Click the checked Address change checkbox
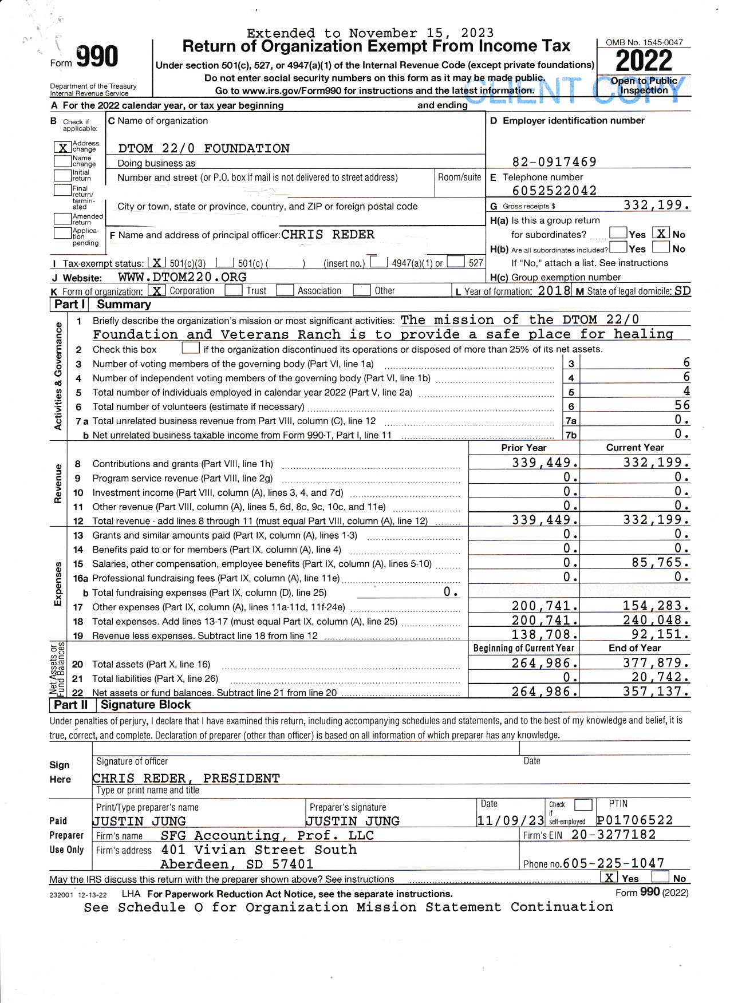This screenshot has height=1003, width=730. click(62, 148)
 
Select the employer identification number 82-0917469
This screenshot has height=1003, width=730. click(554, 162)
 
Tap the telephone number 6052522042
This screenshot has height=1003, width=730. click(554, 191)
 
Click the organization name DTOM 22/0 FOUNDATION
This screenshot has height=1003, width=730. click(203, 149)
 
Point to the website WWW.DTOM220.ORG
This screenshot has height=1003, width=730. click(182, 277)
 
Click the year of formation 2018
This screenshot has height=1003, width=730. click(554, 290)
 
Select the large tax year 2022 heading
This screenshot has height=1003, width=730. click(644, 61)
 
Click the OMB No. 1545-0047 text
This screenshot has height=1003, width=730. click(644, 42)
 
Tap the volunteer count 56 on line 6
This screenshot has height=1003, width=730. click(681, 405)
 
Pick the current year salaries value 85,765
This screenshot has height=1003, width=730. click(660, 563)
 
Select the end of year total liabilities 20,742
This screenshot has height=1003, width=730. click(656, 677)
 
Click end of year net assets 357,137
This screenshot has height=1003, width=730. click(656, 692)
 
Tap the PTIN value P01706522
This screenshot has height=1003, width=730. click(634, 820)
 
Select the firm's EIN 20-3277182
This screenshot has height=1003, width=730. click(613, 835)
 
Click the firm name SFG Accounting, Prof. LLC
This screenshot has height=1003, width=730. click(267, 835)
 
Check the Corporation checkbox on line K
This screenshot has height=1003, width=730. click(156, 291)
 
